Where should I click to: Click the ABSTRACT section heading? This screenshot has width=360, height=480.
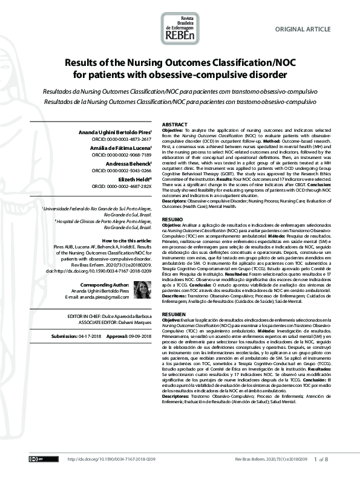[x=174, y=125]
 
